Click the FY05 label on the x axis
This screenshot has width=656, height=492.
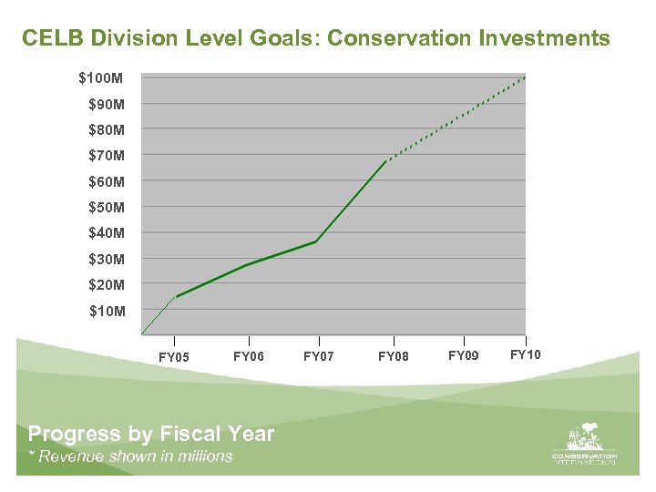pyautogui.click(x=174, y=357)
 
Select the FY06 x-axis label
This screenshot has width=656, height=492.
pyautogui.click(x=249, y=356)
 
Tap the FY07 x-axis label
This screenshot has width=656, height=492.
pyautogui.click(x=319, y=356)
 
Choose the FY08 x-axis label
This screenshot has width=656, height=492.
pyautogui.click(x=394, y=356)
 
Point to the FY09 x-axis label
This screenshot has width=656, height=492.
pyautogui.click(x=464, y=355)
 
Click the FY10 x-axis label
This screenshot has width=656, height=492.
pyautogui.click(x=526, y=354)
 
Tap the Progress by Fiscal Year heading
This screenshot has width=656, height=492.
pyautogui.click(x=151, y=434)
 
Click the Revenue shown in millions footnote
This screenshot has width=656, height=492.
pyautogui.click(x=130, y=456)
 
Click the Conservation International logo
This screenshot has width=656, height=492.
pyautogui.click(x=584, y=445)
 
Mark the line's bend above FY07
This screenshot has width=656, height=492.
pyautogui.click(x=315, y=241)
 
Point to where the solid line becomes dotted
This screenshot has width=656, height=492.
pyautogui.click(x=386, y=161)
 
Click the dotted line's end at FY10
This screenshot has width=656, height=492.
pyautogui.click(x=525, y=77)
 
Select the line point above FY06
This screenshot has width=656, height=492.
pyautogui.click(x=248, y=264)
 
